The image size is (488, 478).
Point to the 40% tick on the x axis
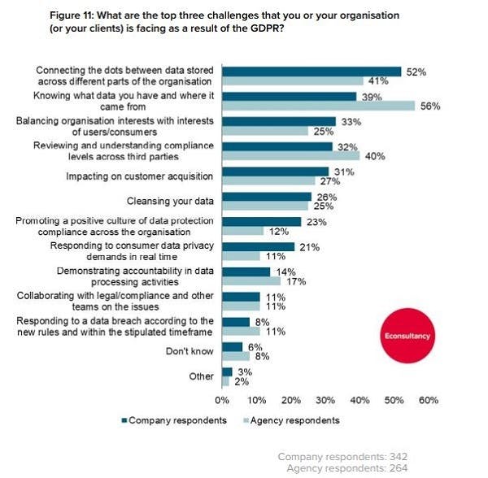click(x=359, y=400)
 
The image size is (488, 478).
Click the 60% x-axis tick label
click(x=428, y=400)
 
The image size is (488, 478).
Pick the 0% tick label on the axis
click(x=221, y=400)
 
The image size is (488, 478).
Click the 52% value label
click(x=416, y=72)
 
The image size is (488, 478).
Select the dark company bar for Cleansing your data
click(x=266, y=197)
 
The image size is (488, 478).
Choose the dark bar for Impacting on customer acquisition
click(x=275, y=172)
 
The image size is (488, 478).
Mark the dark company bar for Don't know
click(x=232, y=347)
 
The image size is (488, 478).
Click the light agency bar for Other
click(x=224, y=380)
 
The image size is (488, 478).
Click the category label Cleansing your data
click(x=172, y=201)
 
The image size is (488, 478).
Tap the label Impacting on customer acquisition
click(x=139, y=176)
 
